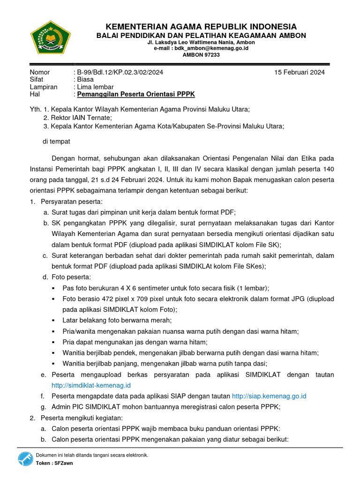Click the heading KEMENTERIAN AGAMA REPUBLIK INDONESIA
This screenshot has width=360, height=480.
[201, 26]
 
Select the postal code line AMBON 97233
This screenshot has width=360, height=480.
[201, 55]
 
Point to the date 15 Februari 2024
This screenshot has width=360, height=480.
[300, 72]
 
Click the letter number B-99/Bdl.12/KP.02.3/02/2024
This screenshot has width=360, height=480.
[120, 72]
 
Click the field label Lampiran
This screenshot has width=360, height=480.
[44, 87]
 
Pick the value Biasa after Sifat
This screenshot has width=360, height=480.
[85, 80]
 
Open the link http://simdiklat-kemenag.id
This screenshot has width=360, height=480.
[91, 385]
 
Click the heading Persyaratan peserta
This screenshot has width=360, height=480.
[71, 201]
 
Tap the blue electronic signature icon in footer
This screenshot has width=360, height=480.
[25, 459]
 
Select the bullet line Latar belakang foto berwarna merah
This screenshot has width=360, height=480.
[117, 320]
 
